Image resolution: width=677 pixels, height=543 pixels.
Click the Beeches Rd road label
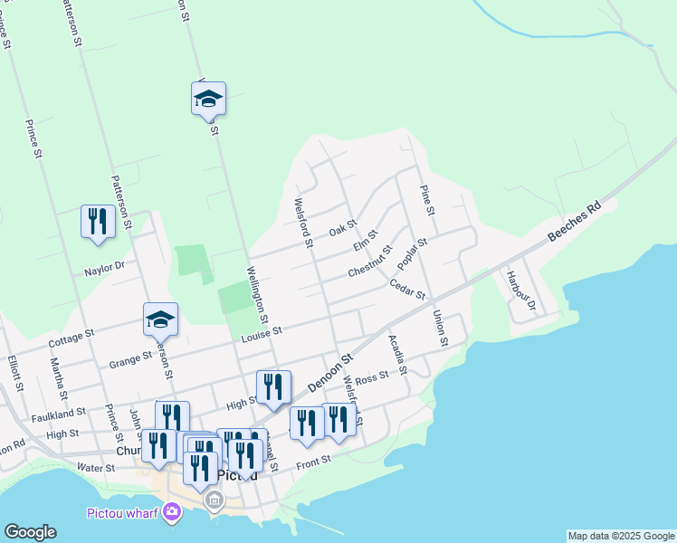coord(575,223)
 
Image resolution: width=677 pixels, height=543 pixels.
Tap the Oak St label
coord(343,229)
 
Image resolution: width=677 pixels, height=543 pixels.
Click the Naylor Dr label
coord(103,266)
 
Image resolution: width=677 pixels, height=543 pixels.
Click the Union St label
coord(441,329)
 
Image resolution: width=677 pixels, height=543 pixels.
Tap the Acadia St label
coord(397,355)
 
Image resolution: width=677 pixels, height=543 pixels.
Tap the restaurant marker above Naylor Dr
coord(98,222)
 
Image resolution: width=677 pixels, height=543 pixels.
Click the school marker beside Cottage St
coord(160,319)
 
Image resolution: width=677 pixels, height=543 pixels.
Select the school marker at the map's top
coord(208,99)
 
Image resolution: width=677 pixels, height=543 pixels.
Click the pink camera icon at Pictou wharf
coord(172,514)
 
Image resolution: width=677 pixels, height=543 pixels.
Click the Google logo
coord(30,532)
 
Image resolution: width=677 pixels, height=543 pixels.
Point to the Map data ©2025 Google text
coord(621,536)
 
